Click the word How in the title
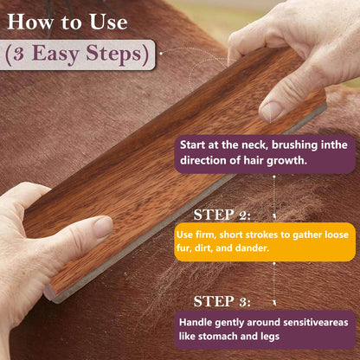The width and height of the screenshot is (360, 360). tap(32, 20)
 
